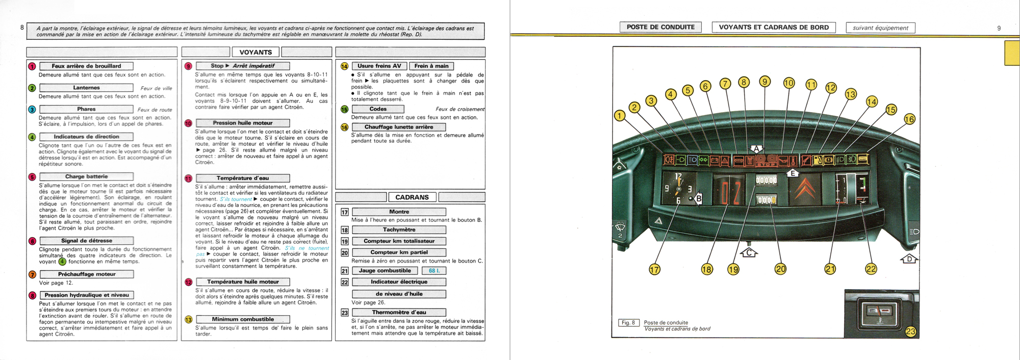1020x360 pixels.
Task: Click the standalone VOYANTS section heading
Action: click(256, 52)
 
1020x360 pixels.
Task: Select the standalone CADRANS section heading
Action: click(412, 197)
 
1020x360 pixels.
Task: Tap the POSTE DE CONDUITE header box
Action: click(660, 27)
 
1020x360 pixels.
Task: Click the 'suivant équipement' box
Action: click(880, 28)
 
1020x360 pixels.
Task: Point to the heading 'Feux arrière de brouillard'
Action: click(86, 66)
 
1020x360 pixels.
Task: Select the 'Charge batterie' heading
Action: click(86, 176)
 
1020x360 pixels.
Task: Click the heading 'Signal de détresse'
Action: click(86, 241)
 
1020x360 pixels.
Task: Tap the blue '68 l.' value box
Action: click(434, 271)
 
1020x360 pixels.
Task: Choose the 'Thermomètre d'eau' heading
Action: click(399, 312)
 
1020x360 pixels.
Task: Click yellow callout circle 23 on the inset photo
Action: click(910, 332)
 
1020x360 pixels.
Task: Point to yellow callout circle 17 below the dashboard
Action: click(654, 269)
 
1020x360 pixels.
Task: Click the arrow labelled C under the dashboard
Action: click(749, 252)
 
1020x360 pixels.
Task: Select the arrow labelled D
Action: click(909, 260)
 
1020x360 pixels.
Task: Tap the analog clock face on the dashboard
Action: click(678, 189)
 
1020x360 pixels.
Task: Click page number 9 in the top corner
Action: click(999, 28)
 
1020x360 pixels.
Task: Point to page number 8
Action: click(22, 27)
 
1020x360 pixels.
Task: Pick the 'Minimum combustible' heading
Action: click(243, 319)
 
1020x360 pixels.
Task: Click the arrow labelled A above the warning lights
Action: click(756, 149)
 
